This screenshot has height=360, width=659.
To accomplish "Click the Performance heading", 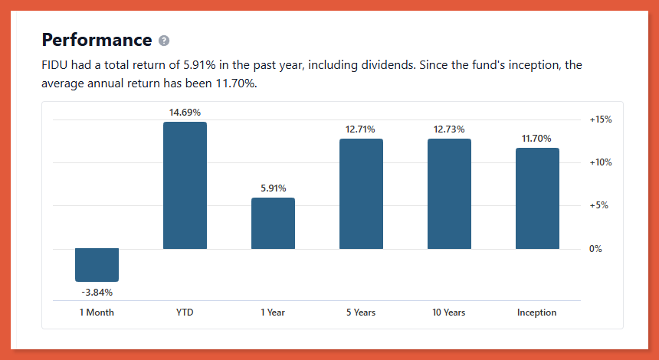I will [x=97, y=40].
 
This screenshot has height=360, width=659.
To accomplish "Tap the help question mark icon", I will [x=164, y=41].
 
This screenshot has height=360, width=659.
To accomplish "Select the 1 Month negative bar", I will [x=97, y=265].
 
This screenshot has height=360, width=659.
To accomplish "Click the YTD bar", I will [x=185, y=185].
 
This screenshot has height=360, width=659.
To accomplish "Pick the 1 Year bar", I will [x=273, y=223].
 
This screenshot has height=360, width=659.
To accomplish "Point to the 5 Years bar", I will [x=361, y=194].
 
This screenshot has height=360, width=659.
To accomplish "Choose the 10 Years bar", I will [x=449, y=194].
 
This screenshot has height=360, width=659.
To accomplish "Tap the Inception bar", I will [x=537, y=198].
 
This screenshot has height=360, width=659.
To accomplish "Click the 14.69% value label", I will [x=185, y=113].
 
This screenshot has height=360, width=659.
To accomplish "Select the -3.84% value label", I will [x=97, y=292].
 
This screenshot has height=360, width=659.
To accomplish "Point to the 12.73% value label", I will [x=449, y=129].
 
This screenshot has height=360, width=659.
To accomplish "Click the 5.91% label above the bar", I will [x=273, y=188].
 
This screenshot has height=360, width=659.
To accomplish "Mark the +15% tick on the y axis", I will [x=600, y=119].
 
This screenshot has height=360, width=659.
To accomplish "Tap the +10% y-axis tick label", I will [x=600, y=162].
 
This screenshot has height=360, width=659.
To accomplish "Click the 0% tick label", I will [x=595, y=249].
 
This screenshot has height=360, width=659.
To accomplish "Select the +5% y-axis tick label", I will [x=598, y=205].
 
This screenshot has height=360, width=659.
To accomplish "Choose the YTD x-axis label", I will [x=185, y=313].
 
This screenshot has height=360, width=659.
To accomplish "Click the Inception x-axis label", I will [x=537, y=313].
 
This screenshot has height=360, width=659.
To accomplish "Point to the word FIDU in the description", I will [x=54, y=65].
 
